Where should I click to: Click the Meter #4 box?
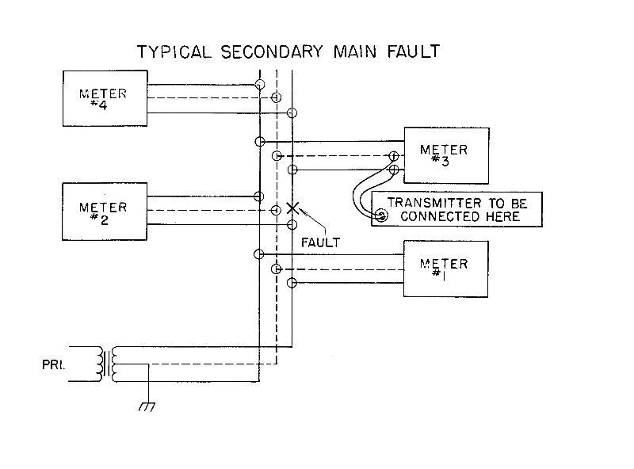pos(105,98)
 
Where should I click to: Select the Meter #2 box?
pos(105,212)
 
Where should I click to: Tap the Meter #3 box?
pos(446,155)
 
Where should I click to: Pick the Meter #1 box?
pos(446,269)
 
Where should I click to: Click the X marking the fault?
pos(292,208)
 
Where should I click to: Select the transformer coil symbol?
pos(106,364)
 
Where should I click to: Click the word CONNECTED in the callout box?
pos(437,216)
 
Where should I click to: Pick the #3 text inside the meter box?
pos(445,161)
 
